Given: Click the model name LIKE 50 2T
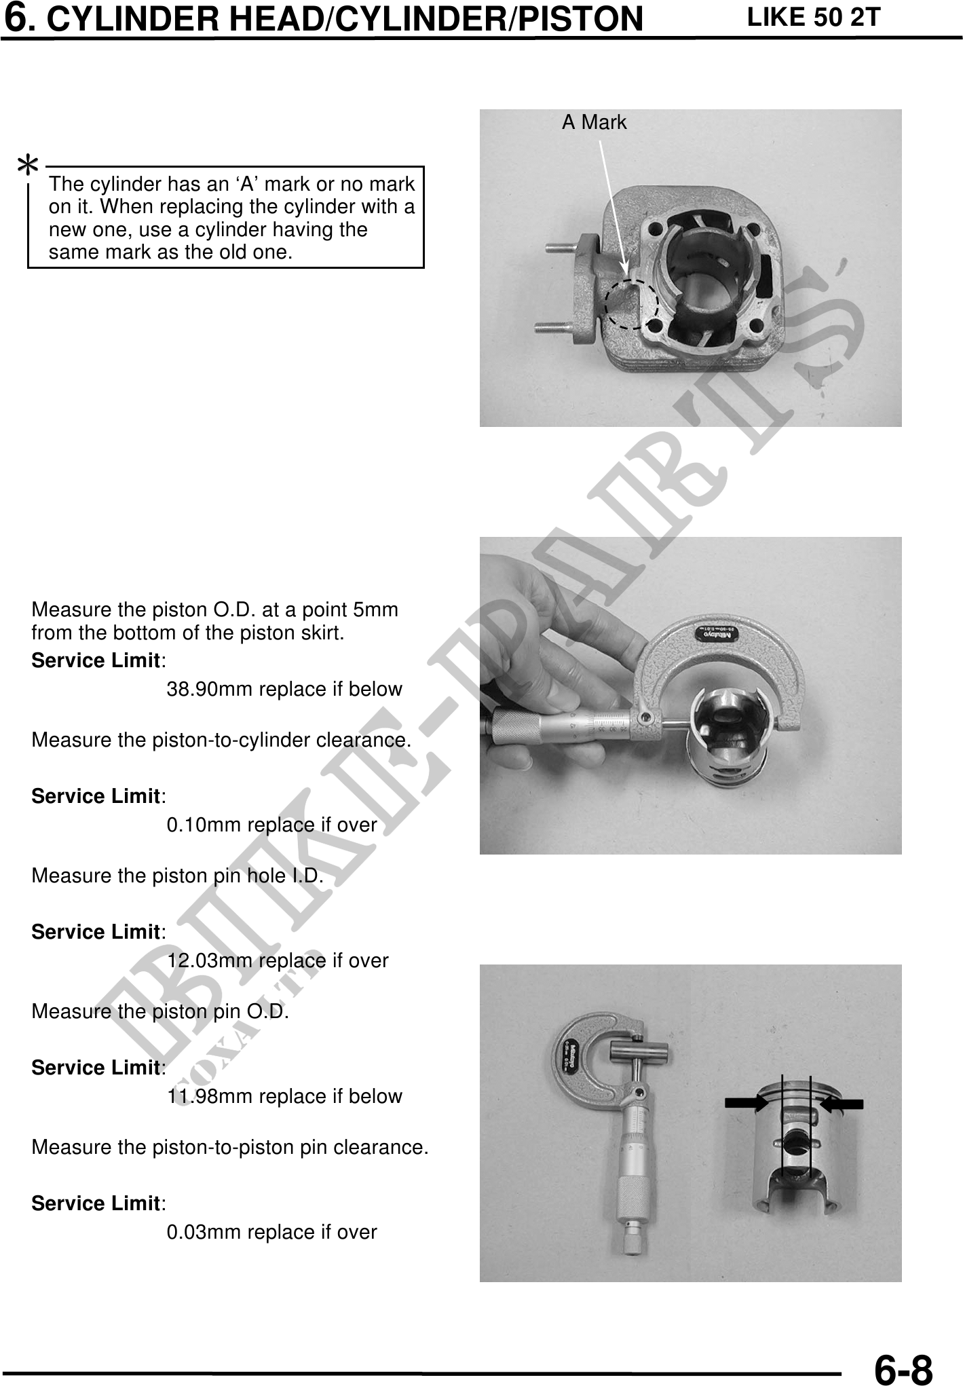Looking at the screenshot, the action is coord(813,17).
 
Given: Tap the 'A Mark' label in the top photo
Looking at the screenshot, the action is coord(594,123).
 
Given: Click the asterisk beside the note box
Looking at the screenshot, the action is coord(28,165).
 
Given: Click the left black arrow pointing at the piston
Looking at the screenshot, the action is coord(747,1104).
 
